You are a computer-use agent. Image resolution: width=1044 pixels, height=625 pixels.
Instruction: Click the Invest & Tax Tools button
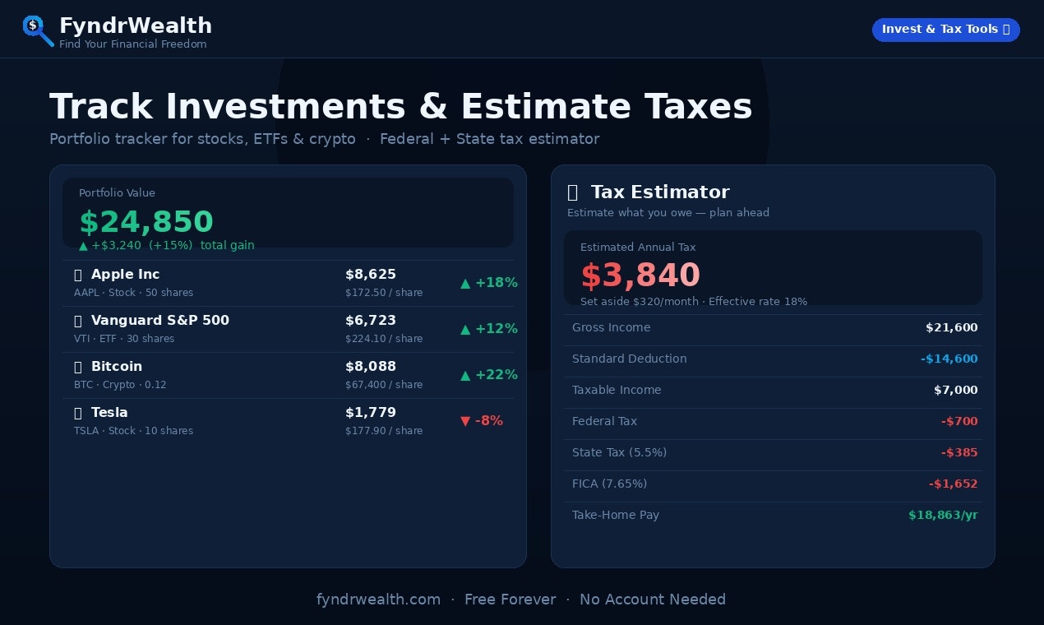coord(945,30)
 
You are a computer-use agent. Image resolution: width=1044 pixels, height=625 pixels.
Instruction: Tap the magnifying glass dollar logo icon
coord(37,30)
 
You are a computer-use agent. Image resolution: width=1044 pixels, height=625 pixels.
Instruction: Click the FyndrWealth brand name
coord(136,25)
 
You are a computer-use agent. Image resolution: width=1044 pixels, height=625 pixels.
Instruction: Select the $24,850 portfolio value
coord(146,222)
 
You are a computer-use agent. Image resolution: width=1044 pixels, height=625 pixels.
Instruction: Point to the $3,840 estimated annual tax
coord(640,275)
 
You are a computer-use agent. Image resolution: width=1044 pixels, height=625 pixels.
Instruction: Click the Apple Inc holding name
coord(125,274)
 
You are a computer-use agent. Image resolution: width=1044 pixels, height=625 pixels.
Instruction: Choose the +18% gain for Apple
coord(489,283)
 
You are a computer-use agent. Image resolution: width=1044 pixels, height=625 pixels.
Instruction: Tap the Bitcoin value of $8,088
coord(371,366)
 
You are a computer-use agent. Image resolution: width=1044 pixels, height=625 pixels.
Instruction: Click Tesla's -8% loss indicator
coord(482,421)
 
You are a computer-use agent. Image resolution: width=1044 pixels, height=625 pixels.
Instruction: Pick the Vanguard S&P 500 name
coord(159,320)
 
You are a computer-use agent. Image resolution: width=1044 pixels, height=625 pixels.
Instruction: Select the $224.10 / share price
coord(384,339)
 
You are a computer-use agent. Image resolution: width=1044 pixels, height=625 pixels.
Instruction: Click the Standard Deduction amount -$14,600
coord(949,359)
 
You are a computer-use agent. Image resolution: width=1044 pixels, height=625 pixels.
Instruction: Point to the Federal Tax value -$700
coord(959,421)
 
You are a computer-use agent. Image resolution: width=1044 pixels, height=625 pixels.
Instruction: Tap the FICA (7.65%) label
coord(609,484)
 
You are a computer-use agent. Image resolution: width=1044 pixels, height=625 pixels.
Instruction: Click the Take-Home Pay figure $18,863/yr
coord(943,515)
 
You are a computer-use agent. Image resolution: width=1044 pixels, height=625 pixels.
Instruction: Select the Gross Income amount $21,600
coord(951,327)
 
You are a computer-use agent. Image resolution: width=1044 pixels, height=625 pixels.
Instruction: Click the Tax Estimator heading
coord(659,192)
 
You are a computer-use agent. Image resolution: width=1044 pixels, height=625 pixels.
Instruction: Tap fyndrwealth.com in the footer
coord(378,600)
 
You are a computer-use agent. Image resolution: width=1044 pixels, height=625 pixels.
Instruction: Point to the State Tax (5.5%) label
coord(619,452)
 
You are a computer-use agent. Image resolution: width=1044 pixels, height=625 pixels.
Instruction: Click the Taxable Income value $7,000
coord(955,390)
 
